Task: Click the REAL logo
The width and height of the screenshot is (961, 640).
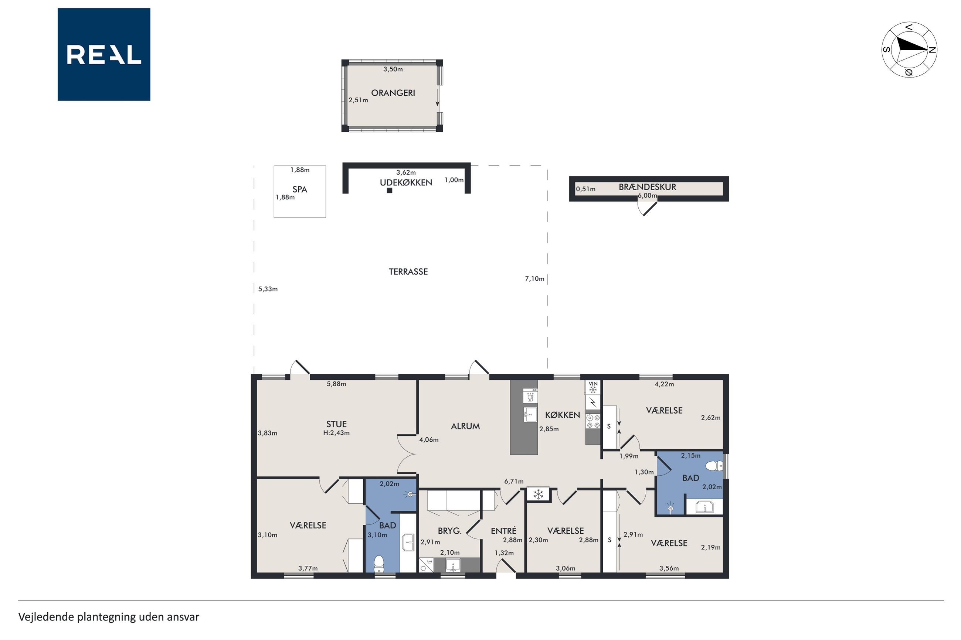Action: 104,54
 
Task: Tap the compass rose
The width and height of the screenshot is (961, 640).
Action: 909,50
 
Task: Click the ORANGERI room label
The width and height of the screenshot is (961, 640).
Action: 393,93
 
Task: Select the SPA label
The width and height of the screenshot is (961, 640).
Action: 300,189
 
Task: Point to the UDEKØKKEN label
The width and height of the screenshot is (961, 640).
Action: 406,182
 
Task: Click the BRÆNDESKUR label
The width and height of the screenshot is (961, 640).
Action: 647,187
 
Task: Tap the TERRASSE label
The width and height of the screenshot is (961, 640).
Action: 408,272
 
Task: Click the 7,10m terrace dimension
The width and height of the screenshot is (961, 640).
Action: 534,279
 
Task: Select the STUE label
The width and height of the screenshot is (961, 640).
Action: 336,424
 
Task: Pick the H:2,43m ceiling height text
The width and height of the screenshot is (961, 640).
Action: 336,433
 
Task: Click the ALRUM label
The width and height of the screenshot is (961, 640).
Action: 465,426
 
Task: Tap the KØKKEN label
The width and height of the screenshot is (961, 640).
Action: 563,415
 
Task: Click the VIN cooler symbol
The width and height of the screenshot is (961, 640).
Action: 593,387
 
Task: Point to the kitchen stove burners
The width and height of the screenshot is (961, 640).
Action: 593,422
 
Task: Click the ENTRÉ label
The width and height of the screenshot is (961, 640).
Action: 503,531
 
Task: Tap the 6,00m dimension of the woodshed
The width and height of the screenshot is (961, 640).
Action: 647,195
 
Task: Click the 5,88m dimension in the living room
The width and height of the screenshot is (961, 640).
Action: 336,384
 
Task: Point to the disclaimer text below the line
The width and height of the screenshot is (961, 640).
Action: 109,617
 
